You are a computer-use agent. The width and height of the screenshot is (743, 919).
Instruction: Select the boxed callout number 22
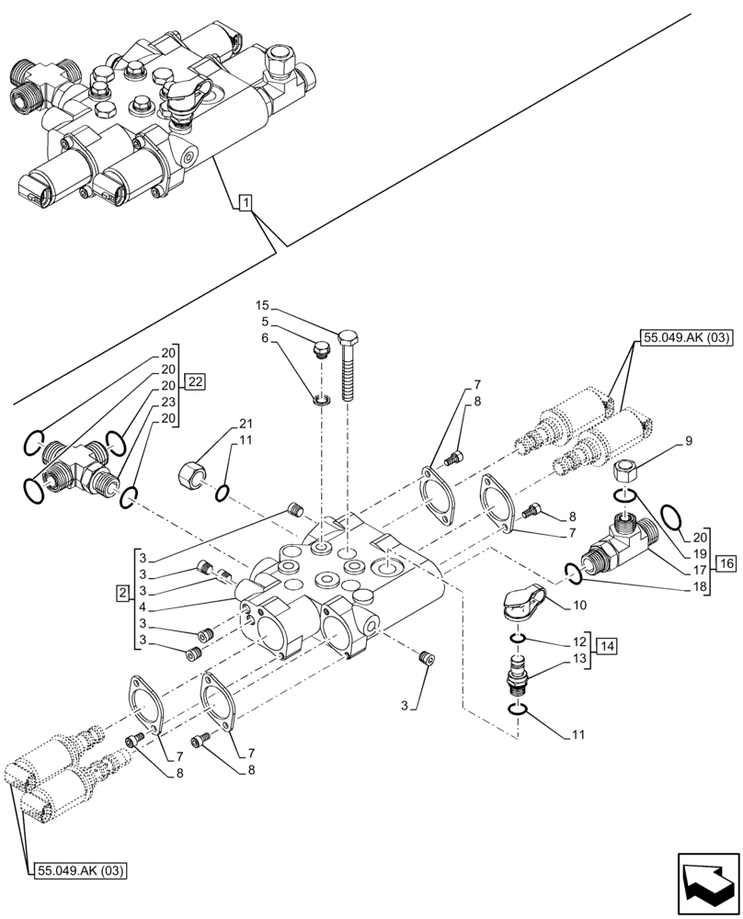[x=194, y=381]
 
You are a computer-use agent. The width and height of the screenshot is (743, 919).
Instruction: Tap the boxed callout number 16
[x=723, y=564]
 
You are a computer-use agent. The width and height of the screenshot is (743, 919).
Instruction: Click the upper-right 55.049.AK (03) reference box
[x=685, y=337]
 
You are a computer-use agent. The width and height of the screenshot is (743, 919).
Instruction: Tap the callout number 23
[x=168, y=403]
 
